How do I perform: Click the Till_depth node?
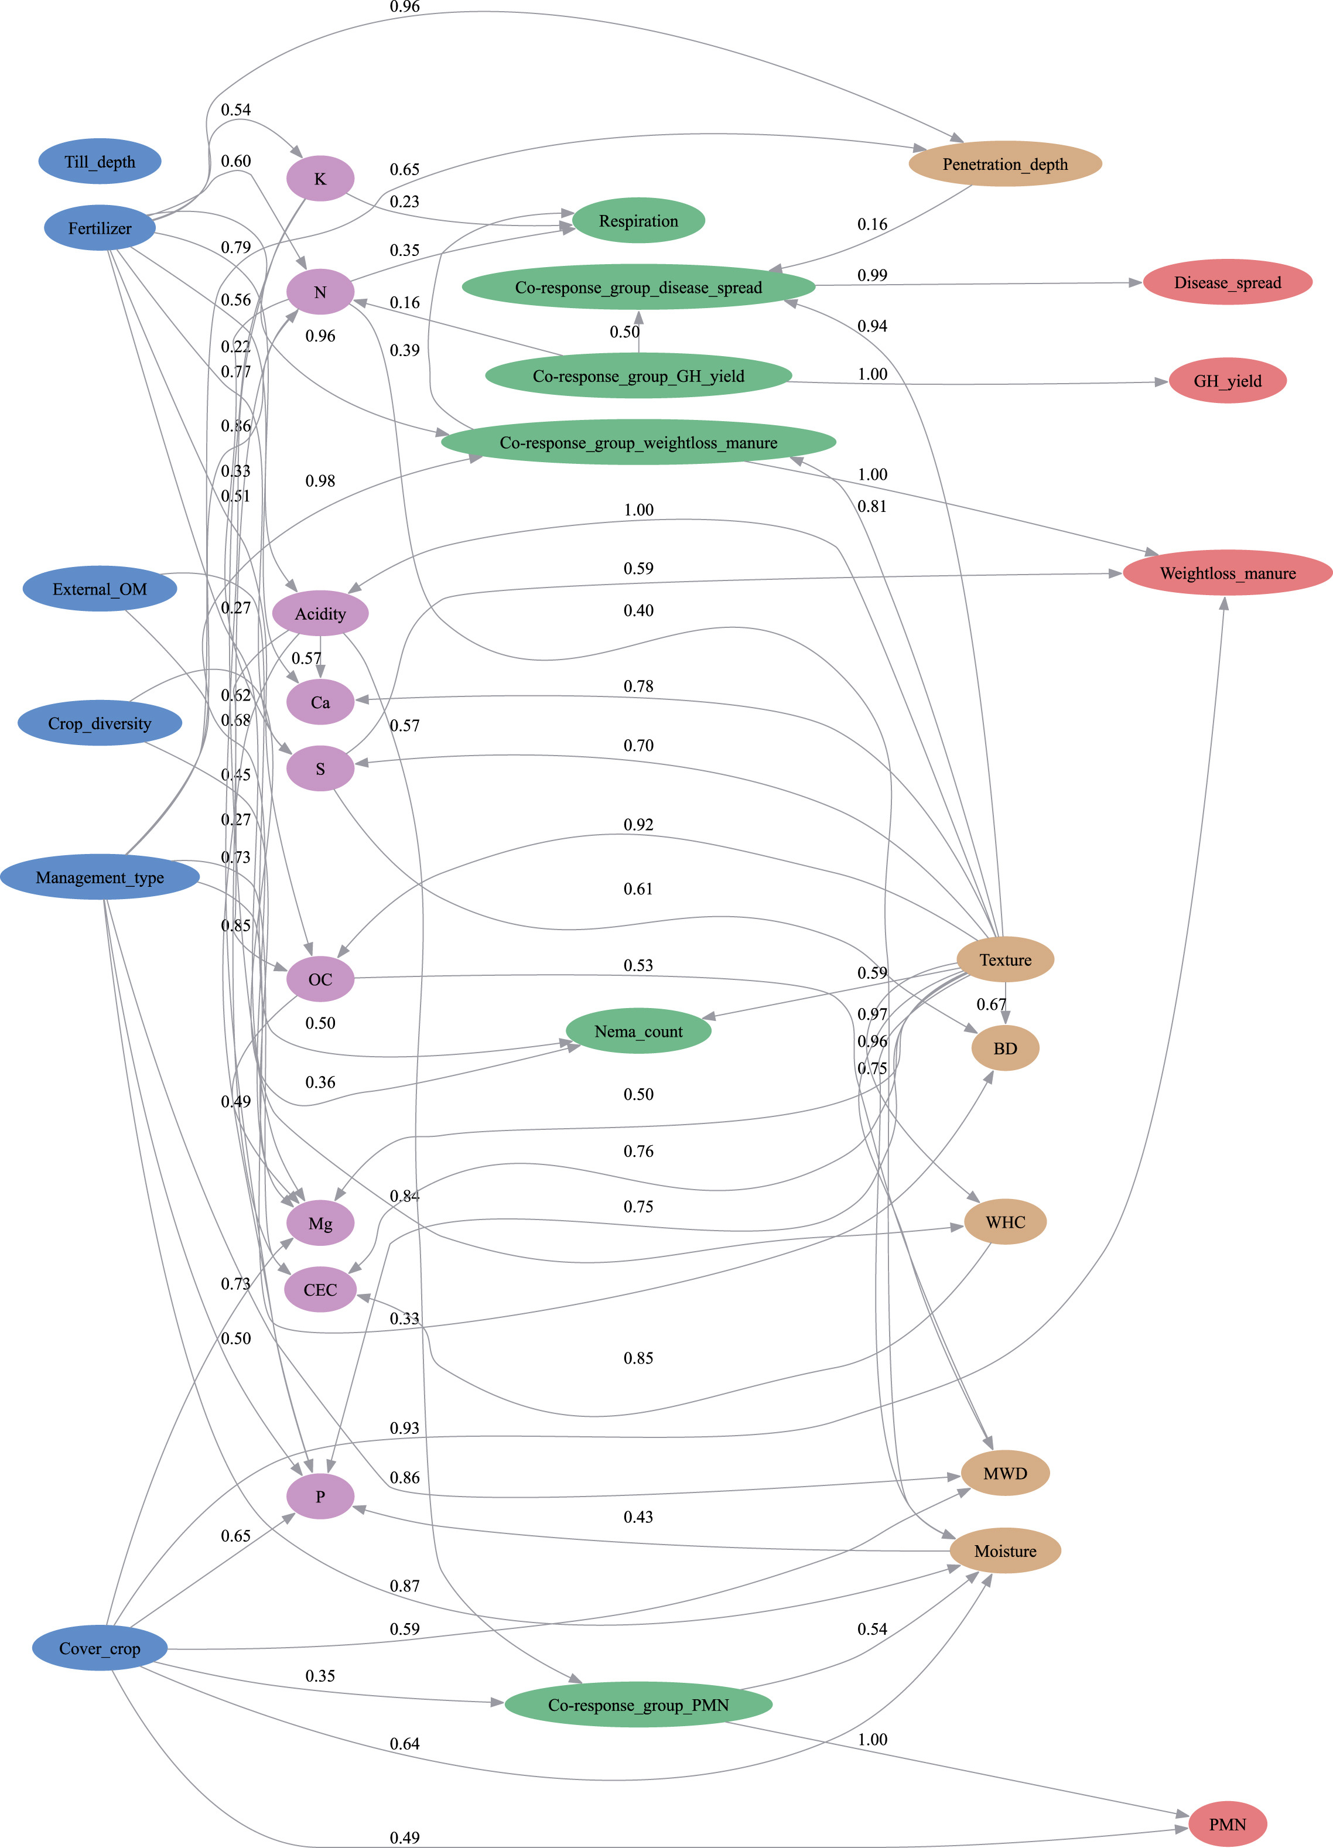pyautogui.click(x=100, y=161)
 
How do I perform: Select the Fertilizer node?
pyautogui.click(x=100, y=228)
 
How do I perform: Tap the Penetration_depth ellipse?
pyautogui.click(x=1004, y=164)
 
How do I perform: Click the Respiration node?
pyautogui.click(x=638, y=221)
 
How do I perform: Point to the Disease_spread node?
pyautogui.click(x=1227, y=283)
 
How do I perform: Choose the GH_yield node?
pyautogui.click(x=1227, y=381)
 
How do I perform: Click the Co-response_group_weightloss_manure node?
pyautogui.click(x=638, y=442)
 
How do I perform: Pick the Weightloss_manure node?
pyautogui.click(x=1227, y=573)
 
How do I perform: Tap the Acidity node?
pyautogui.click(x=320, y=613)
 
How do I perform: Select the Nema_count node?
pyautogui.click(x=638, y=1031)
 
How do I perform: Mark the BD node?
pyautogui.click(x=1004, y=1048)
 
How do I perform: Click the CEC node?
pyautogui.click(x=320, y=1289)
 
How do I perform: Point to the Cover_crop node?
pyautogui.click(x=100, y=1648)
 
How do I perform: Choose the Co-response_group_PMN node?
pyautogui.click(x=638, y=1704)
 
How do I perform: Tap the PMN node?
pyautogui.click(x=1227, y=1823)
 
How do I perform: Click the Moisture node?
pyautogui.click(x=1004, y=1550)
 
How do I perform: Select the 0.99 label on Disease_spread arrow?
pyautogui.click(x=872, y=275)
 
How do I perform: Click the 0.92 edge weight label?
pyautogui.click(x=638, y=825)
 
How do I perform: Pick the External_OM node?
pyautogui.click(x=100, y=589)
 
